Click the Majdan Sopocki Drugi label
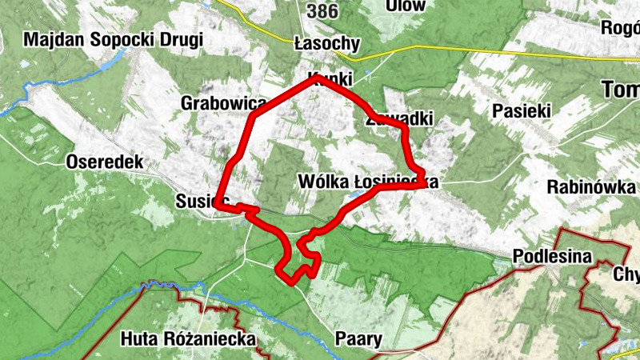pyautogui.click(x=114, y=39)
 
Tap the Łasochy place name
pyautogui.click(x=326, y=43)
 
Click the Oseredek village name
pyautogui.click(x=105, y=162)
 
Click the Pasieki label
pyautogui.click(x=522, y=110)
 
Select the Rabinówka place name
pyautogui.click(x=590, y=187)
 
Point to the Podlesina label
pyautogui.click(x=551, y=257)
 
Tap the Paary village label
pyautogui.click(x=358, y=338)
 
